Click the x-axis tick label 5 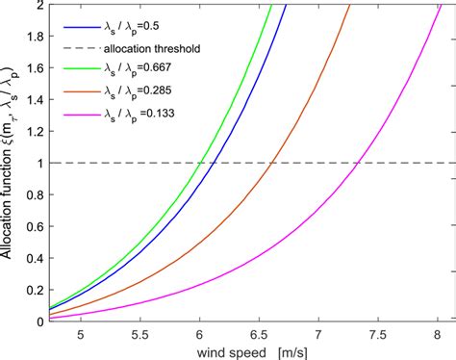click(x=81, y=334)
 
